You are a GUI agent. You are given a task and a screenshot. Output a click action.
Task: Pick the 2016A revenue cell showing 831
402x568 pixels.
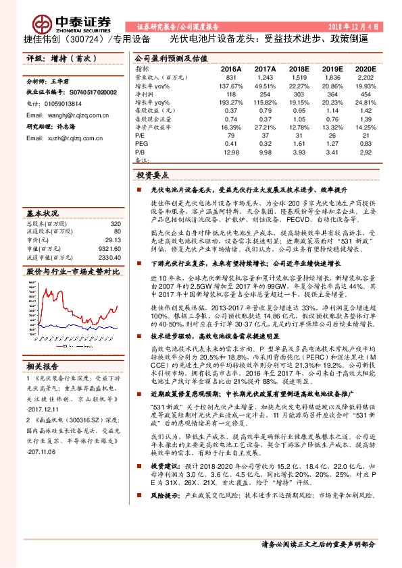232,78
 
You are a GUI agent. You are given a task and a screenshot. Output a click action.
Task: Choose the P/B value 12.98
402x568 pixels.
232,152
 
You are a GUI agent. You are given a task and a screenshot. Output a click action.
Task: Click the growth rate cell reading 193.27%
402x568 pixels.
232,101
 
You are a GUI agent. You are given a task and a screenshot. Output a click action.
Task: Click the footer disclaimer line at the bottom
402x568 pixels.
318,544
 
